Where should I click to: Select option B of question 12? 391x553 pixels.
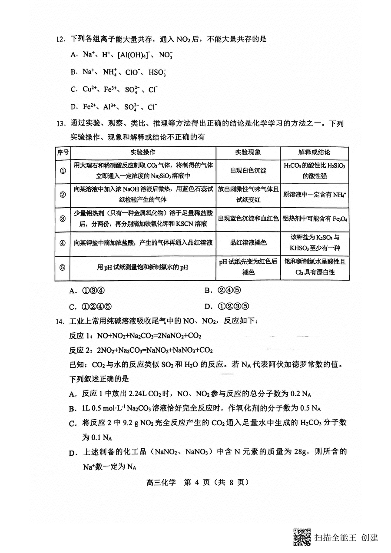click(x=73, y=72)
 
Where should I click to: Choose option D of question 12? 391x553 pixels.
click(x=73, y=107)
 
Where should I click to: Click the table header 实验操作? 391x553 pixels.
click(x=143, y=152)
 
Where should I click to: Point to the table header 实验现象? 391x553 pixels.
click(x=248, y=152)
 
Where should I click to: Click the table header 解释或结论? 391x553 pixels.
click(x=314, y=152)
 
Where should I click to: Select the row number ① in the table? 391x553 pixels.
click(x=63, y=171)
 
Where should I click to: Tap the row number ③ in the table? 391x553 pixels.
click(x=63, y=219)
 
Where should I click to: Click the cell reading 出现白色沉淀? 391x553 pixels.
click(x=248, y=171)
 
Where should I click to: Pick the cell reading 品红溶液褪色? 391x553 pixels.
click(x=248, y=243)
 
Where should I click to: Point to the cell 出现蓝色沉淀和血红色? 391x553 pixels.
click(x=248, y=219)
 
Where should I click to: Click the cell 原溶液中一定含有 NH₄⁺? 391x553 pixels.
click(x=314, y=195)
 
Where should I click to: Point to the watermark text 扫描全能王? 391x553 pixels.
click(x=335, y=538)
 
